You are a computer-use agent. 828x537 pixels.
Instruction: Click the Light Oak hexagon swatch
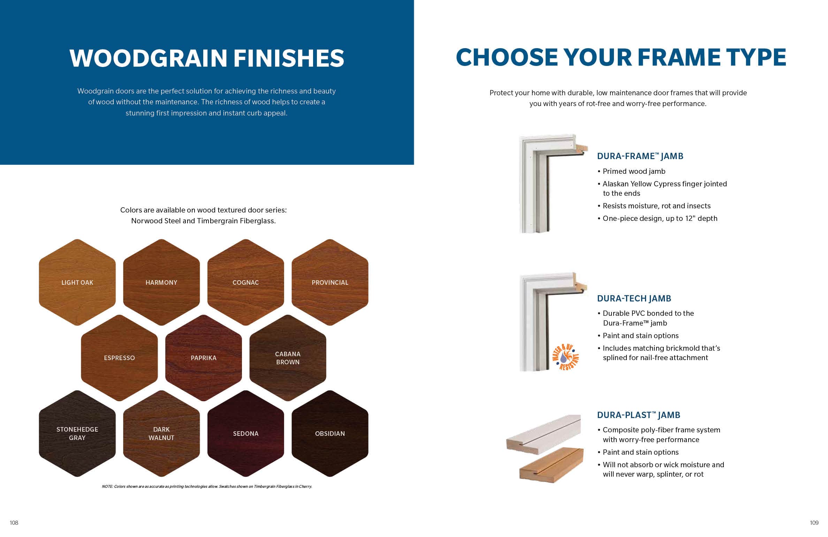click(x=77, y=282)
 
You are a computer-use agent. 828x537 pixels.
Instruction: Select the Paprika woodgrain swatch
click(x=204, y=358)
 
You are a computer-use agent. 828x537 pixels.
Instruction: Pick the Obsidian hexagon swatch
click(x=330, y=434)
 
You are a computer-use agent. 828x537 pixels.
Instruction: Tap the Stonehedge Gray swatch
click(x=77, y=434)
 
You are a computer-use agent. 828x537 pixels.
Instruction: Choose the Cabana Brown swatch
click(x=288, y=358)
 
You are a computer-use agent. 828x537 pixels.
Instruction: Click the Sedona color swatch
click(x=246, y=434)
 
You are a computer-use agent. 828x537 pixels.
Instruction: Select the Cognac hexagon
click(x=246, y=282)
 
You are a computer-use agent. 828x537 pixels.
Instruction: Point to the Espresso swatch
click(x=119, y=358)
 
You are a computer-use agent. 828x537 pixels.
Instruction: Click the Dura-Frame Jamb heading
click(x=640, y=156)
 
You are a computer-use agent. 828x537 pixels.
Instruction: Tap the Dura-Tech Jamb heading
click(x=634, y=298)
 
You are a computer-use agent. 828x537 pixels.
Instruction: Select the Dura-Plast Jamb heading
click(x=639, y=415)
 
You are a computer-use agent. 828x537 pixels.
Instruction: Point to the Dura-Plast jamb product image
click(x=545, y=449)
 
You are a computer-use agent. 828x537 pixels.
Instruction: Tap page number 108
click(x=14, y=523)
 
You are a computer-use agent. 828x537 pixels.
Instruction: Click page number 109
click(x=814, y=523)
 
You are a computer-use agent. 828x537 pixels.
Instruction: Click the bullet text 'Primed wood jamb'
click(x=634, y=171)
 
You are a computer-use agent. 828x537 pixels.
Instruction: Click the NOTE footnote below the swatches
click(x=207, y=486)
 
